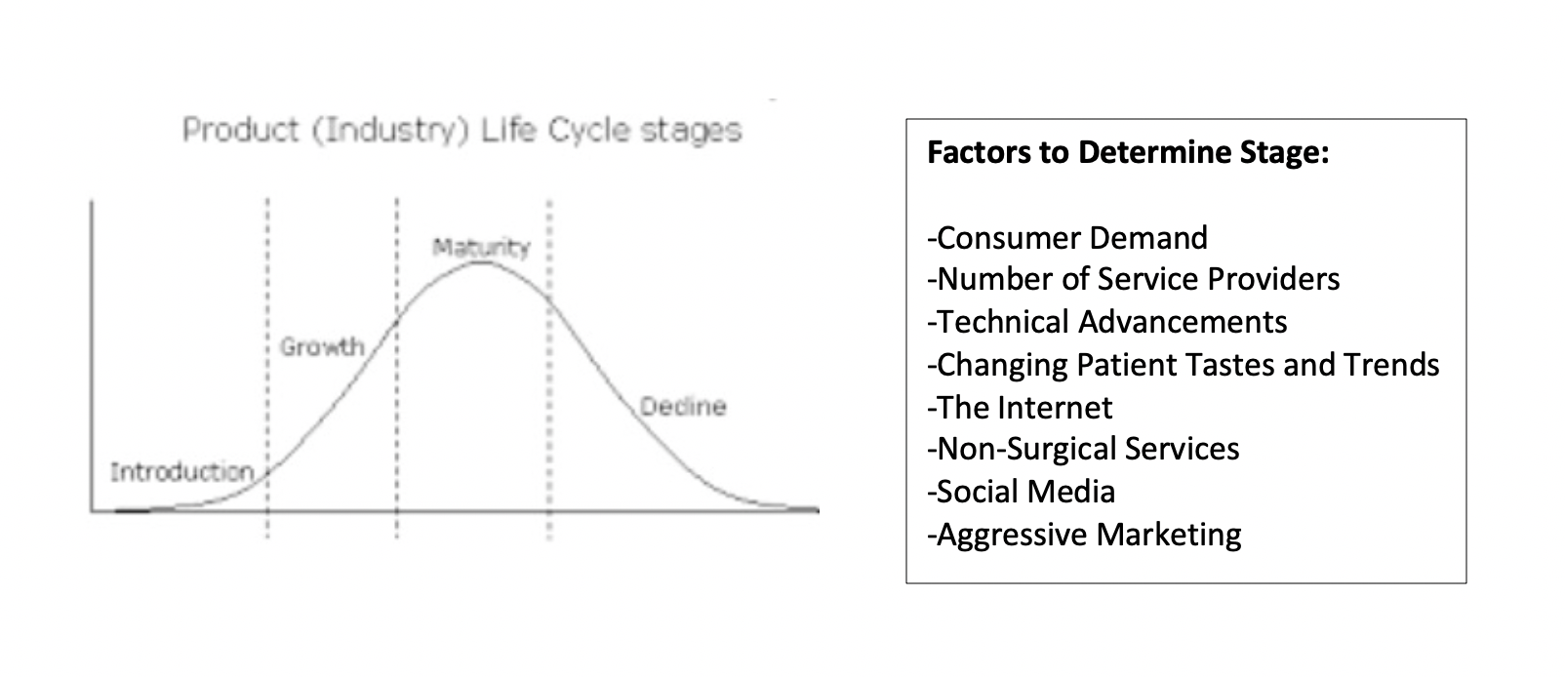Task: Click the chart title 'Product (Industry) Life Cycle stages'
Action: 461,131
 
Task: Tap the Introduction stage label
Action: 181,472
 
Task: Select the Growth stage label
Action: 322,346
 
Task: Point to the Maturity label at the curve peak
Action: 481,248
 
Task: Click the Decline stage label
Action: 683,407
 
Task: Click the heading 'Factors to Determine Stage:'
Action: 1128,152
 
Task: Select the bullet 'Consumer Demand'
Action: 1067,238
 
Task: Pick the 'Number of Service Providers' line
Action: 1133,279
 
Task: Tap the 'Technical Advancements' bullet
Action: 1107,322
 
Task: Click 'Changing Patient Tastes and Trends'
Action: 1184,366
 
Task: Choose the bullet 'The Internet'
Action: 1020,408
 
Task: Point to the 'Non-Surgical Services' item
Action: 1084,449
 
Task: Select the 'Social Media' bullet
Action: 1022,491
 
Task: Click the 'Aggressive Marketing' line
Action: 1084,536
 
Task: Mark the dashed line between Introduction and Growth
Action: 267,368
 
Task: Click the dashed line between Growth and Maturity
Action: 397,368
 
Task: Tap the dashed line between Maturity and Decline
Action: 549,370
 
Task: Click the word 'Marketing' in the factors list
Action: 1169,536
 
